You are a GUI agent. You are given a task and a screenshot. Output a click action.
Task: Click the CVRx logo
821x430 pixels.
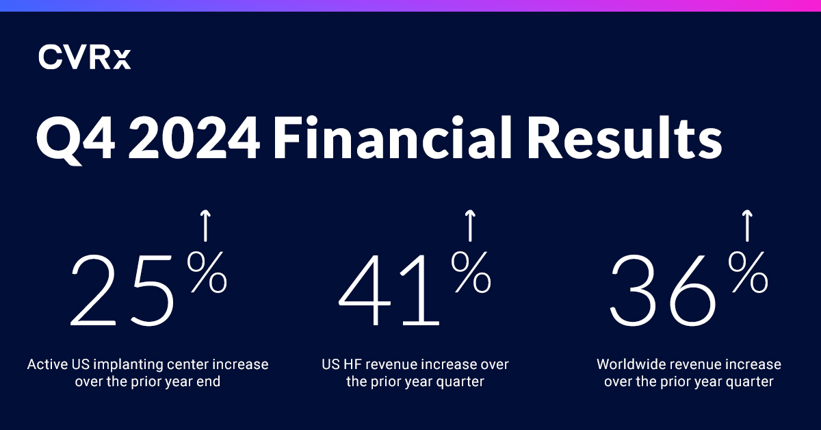pyautogui.click(x=84, y=57)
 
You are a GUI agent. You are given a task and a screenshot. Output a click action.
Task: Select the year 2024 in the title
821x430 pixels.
pyautogui.click(x=194, y=139)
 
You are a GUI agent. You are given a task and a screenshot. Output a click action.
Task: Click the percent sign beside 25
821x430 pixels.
pyautogui.click(x=207, y=273)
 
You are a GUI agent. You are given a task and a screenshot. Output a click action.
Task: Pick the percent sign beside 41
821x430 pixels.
pyautogui.click(x=471, y=273)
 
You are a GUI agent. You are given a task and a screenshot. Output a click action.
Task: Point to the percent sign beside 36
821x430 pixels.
pyautogui.click(x=747, y=273)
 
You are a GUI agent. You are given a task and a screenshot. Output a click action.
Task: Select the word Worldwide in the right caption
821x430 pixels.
pyautogui.click(x=627, y=364)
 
